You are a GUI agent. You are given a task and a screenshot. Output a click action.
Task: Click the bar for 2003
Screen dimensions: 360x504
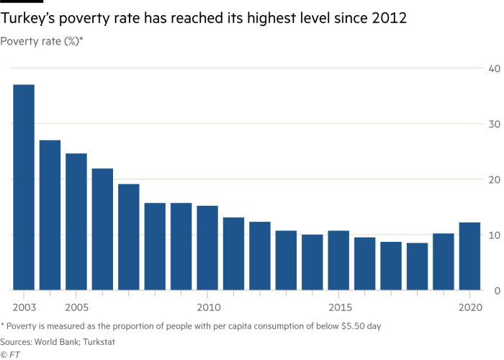(24, 187)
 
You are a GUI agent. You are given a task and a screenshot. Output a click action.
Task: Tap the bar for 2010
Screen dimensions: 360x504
(207, 248)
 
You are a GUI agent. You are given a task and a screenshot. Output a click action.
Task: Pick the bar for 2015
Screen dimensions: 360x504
(338, 260)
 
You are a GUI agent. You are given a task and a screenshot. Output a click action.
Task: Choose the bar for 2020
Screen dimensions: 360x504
(469, 256)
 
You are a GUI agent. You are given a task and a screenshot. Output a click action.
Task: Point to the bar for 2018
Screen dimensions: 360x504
(417, 266)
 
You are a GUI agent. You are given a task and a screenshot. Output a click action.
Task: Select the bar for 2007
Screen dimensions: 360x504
(129, 237)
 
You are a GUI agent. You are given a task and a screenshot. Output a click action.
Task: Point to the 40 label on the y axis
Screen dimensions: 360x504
(493, 68)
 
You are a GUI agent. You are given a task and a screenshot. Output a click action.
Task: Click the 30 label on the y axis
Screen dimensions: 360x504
(493, 124)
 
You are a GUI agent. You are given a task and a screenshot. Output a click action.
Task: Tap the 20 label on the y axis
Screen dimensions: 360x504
(493, 179)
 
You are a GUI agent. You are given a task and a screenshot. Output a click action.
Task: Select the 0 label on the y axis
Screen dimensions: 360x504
(496, 290)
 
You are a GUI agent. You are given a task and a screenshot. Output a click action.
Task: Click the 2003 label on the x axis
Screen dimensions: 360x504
(24, 306)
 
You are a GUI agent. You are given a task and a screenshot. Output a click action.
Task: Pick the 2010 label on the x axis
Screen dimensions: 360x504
(207, 306)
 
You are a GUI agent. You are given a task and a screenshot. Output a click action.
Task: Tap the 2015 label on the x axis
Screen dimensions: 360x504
(338, 306)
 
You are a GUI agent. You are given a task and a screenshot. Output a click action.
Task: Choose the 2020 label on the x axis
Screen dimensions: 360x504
(469, 306)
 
